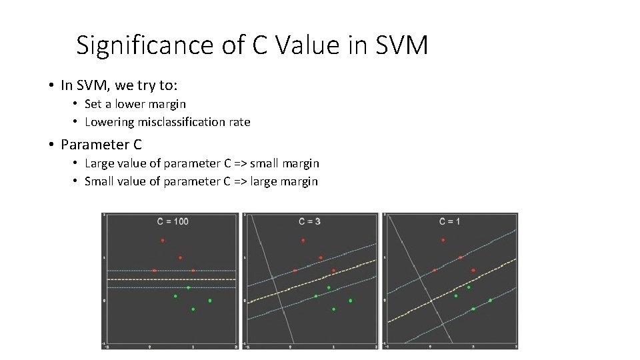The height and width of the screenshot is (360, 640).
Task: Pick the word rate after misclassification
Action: pyautogui.click(x=239, y=122)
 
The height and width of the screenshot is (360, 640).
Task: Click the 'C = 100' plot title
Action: pyautogui.click(x=172, y=221)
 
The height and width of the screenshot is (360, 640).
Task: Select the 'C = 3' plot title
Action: pyautogui.click(x=309, y=221)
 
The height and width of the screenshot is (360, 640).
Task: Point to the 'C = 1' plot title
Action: pyautogui.click(x=449, y=221)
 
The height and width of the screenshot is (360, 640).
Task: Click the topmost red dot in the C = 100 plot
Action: pyautogui.click(x=162, y=241)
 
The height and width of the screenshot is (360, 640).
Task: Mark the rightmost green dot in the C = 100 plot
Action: pyautogui.click(x=209, y=301)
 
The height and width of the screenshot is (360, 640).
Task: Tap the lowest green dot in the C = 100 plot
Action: pyautogui.click(x=193, y=309)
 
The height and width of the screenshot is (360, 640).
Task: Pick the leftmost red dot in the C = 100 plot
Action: pyautogui.click(x=154, y=271)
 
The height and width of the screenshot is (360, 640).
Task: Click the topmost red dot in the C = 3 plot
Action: pyautogui.click(x=303, y=241)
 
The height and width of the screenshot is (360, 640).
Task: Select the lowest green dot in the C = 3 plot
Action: pyautogui.click(x=333, y=309)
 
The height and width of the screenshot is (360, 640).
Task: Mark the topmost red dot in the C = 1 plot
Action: pyautogui.click(x=442, y=241)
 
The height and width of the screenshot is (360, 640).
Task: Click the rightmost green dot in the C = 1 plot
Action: pyautogui.click(x=490, y=301)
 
